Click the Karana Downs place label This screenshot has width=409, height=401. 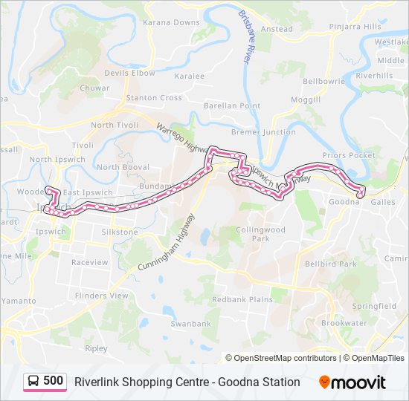[172, 23]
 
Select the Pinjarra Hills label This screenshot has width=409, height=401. [357, 27]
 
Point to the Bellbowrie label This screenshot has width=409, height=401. [321, 80]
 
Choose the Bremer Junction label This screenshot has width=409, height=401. [263, 132]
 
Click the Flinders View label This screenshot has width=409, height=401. [103, 295]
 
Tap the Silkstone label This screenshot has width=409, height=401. [120, 232]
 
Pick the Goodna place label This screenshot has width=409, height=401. [344, 201]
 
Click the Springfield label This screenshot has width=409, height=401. [374, 306]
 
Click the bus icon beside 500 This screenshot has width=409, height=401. [33, 382]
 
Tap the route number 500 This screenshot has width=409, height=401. [53, 382]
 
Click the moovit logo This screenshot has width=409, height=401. [352, 382]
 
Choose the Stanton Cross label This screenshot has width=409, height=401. [154, 97]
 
